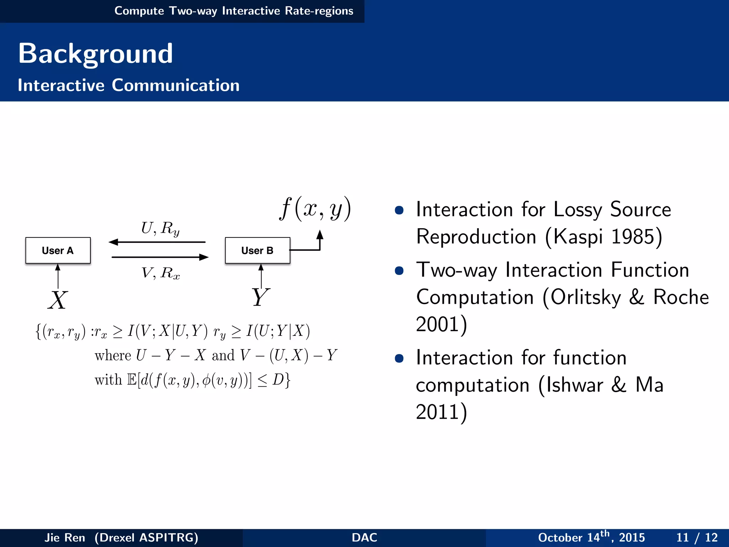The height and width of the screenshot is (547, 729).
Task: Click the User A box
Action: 58,250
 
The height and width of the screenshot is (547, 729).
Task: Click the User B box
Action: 257,250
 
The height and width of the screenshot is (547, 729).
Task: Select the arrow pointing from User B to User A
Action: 157,242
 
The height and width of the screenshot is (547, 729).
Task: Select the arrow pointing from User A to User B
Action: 160,257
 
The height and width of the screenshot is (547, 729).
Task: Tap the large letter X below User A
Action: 57,300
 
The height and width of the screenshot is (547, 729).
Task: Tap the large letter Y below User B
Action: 260,297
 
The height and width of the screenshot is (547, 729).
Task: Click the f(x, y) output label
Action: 315,209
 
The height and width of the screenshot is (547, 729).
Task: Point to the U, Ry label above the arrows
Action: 160,228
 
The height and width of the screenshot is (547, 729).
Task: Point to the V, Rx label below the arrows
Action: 161,273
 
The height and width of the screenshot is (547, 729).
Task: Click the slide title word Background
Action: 95,53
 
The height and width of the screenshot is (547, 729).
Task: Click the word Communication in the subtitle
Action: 175,85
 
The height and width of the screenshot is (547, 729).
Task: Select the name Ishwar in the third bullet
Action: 575,385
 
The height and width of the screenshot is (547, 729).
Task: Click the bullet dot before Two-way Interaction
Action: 399,271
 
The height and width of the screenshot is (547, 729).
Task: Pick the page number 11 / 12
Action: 697,537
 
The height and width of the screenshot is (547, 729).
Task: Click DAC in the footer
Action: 364,537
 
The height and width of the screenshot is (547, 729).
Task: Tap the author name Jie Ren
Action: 65,537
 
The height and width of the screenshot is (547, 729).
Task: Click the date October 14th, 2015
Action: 591,537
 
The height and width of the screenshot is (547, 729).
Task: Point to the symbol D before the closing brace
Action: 278,380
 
